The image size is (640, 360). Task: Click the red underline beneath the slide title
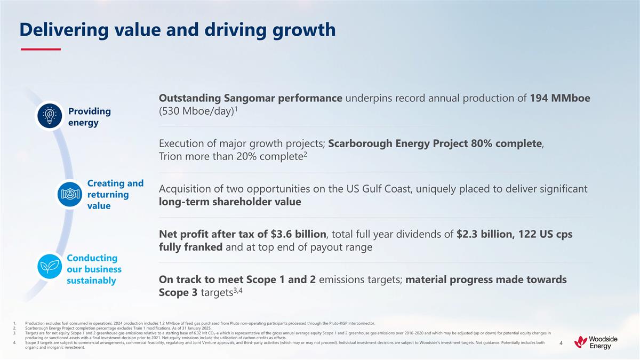click(x=41, y=49)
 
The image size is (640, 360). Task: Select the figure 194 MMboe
click(x=559, y=99)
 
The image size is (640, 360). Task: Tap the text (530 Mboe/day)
click(x=195, y=114)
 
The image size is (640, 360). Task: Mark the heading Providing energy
click(x=90, y=117)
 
